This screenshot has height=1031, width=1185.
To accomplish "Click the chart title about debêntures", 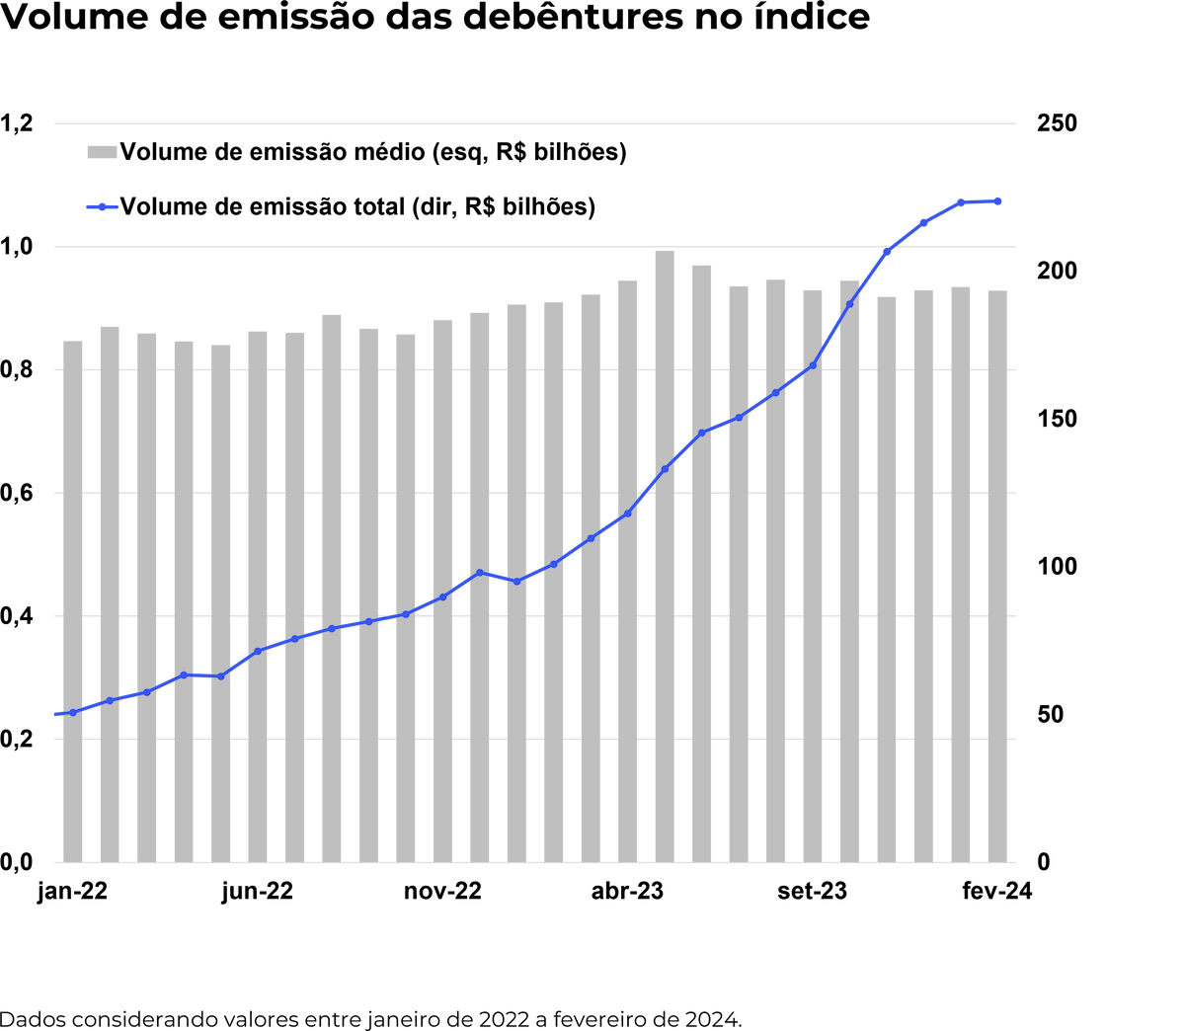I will pyautogui.click(x=435, y=19).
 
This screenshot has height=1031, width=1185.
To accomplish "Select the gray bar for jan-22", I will pyautogui.click(x=72, y=602).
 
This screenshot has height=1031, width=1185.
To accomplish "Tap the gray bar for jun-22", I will pyautogui.click(x=258, y=597).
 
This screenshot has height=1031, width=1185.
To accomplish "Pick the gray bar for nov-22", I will pyautogui.click(x=442, y=593).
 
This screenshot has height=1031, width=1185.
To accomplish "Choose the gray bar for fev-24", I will pyautogui.click(x=997, y=577).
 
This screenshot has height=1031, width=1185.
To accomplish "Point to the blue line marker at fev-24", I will pyautogui.click(x=997, y=201).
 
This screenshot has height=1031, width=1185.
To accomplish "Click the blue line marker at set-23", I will pyautogui.click(x=813, y=365).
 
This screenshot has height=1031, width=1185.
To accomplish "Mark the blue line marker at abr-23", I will pyautogui.click(x=628, y=514).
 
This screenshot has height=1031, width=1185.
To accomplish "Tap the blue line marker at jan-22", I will pyautogui.click(x=72, y=712).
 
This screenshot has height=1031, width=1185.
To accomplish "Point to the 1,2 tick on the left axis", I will pyautogui.click(x=18, y=123).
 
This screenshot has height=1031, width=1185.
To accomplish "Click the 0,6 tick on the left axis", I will pyautogui.click(x=18, y=493).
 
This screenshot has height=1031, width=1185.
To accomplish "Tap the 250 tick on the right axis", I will pyautogui.click(x=1057, y=123).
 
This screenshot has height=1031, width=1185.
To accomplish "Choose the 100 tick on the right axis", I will pyautogui.click(x=1057, y=567).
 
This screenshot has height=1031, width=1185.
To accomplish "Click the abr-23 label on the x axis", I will pyautogui.click(x=628, y=891).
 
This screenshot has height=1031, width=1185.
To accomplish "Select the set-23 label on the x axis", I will pyautogui.click(x=813, y=891).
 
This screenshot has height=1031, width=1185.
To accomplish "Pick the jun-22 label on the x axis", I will pyautogui.click(x=258, y=891).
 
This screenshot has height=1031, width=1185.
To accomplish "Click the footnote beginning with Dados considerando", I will pyautogui.click(x=370, y=1018).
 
